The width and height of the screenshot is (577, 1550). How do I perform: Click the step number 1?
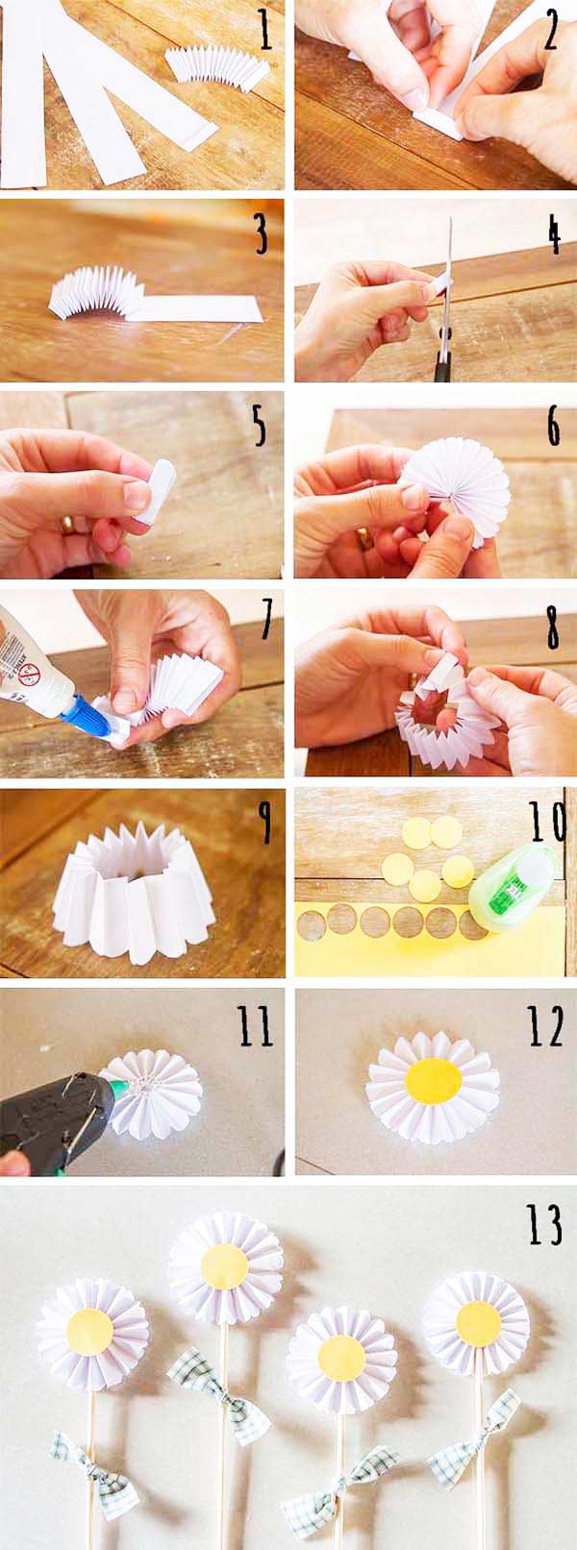point(264,29)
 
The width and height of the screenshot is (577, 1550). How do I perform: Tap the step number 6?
point(553,428)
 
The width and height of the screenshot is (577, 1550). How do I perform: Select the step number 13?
point(543,1225)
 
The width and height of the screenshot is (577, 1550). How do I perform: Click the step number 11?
point(256,1025)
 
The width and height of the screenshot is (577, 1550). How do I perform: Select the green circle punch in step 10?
point(512,887)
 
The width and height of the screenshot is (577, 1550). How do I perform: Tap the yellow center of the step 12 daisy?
point(434,1080)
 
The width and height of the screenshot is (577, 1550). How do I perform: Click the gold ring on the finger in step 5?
point(68,525)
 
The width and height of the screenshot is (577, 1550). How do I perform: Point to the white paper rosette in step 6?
point(458,490)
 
